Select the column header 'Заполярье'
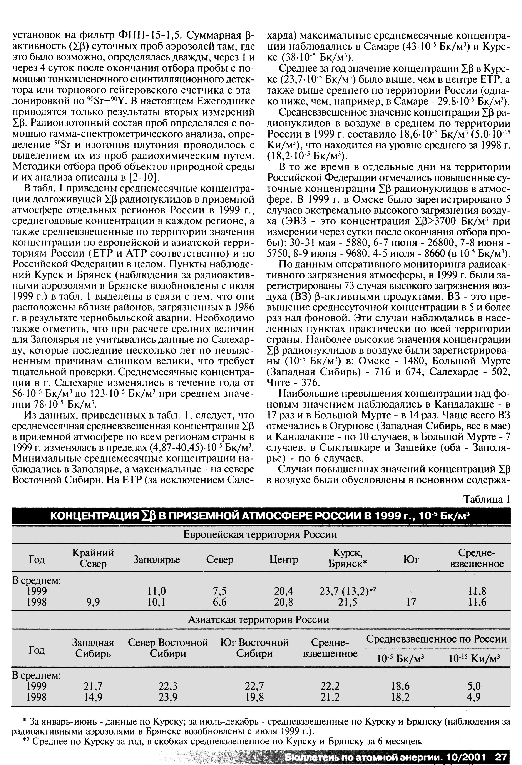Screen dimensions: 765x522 (156, 560)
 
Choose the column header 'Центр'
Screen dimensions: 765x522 (284, 560)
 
